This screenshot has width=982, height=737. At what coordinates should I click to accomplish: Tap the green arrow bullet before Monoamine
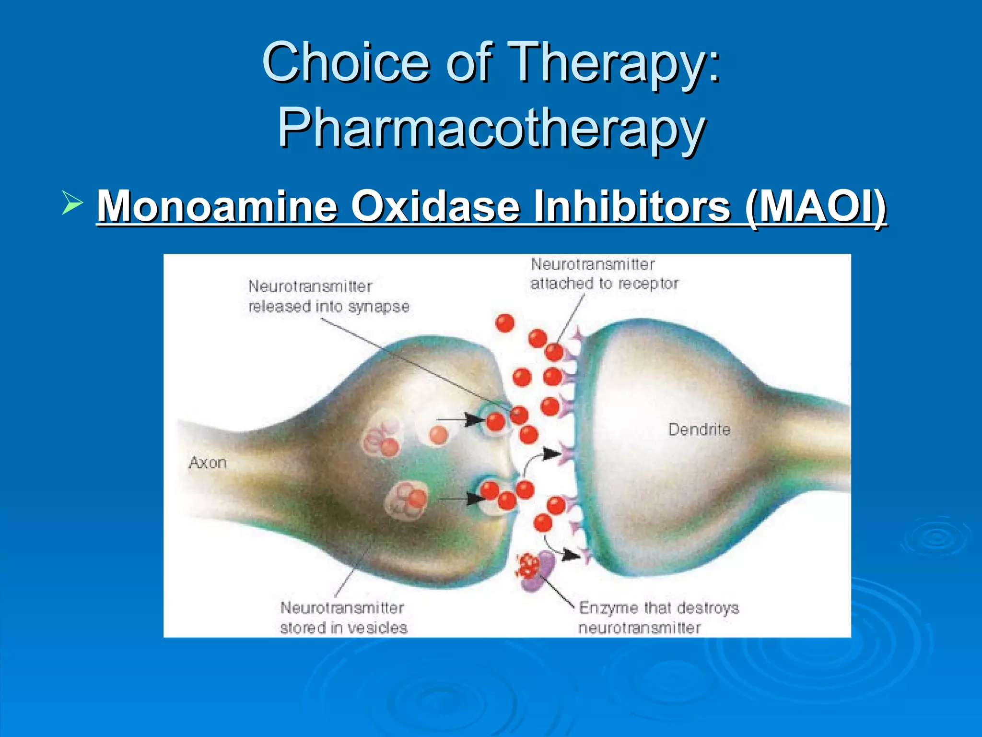tap(72, 202)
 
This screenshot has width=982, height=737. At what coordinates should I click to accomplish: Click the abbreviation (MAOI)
tap(816, 206)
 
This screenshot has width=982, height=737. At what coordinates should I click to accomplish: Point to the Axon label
tap(207, 463)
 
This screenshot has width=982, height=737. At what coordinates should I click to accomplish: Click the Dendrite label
tap(699, 429)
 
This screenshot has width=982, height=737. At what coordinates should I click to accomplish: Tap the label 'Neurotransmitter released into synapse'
tap(329, 297)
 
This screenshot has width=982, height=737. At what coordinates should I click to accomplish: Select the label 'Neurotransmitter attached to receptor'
tap(604, 274)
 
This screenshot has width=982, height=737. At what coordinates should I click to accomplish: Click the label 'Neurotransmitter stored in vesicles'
tap(343, 618)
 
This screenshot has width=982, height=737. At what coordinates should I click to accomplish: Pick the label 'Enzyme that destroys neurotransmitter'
tap(658, 618)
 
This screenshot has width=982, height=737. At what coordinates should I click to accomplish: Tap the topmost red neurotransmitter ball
tap(504, 323)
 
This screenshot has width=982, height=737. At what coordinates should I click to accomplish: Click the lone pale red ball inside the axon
tap(438, 436)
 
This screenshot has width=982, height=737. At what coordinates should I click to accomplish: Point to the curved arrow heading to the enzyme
tap(561, 550)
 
